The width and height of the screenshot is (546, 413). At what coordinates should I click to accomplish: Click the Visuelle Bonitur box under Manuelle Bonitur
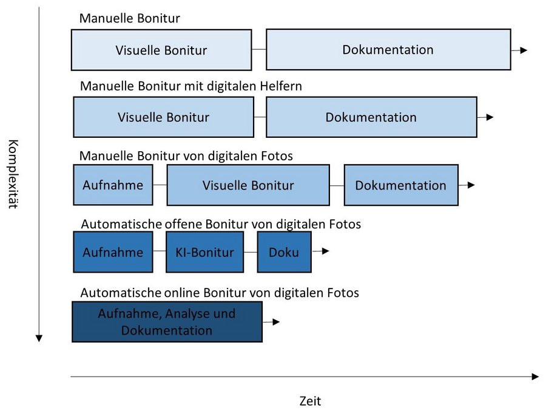click(x=161, y=50)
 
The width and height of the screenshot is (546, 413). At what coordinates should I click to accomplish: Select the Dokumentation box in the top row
click(x=388, y=50)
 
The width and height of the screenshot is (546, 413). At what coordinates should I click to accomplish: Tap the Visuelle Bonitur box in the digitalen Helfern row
click(x=164, y=117)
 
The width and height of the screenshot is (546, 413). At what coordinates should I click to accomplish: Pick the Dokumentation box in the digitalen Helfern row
click(x=371, y=117)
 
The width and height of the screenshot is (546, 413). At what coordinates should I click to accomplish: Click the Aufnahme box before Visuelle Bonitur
click(x=113, y=185)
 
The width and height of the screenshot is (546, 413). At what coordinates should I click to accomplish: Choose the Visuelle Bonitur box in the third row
click(x=248, y=185)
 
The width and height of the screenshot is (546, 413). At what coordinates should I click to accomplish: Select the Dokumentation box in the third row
click(x=401, y=185)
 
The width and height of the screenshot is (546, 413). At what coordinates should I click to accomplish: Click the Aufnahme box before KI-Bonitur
click(x=113, y=252)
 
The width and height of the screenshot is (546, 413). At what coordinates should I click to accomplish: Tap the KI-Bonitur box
click(x=204, y=252)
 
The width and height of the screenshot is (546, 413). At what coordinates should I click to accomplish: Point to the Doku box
click(x=284, y=252)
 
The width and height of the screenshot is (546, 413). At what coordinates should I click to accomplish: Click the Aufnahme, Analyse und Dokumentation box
click(x=167, y=322)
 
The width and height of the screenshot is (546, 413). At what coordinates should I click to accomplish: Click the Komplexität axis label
click(x=13, y=174)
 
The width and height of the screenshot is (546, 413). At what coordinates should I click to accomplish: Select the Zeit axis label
click(x=310, y=401)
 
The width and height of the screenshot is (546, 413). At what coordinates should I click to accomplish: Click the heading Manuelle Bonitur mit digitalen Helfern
click(x=191, y=87)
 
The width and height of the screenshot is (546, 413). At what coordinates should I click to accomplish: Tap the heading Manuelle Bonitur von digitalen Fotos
click(x=186, y=156)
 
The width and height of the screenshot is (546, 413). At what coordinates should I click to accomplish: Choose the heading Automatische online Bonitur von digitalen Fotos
click(x=220, y=293)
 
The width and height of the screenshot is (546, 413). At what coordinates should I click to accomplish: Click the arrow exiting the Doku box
click(x=321, y=251)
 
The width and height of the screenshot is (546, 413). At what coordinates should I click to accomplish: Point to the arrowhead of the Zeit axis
click(x=534, y=377)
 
